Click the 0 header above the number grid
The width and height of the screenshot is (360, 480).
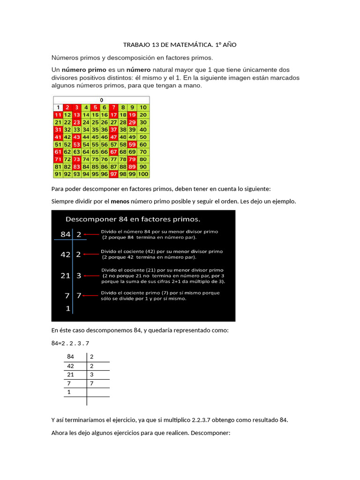101,100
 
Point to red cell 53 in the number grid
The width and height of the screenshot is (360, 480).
76,144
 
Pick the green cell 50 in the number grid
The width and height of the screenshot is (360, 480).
143,137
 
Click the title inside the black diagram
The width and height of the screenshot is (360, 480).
133,219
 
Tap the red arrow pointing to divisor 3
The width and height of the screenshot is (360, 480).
92,276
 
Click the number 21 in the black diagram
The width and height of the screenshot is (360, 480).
65,276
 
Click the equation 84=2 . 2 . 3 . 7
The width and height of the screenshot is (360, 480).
70,343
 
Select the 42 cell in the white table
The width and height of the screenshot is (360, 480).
71,366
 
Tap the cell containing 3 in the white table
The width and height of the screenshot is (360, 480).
92,375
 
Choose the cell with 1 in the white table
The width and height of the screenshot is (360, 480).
69,392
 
